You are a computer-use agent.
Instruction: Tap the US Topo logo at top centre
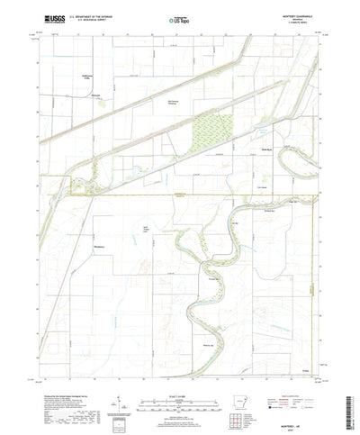(179, 18)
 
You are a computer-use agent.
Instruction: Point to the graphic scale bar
(180, 376)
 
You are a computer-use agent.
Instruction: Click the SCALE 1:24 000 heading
(180, 367)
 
